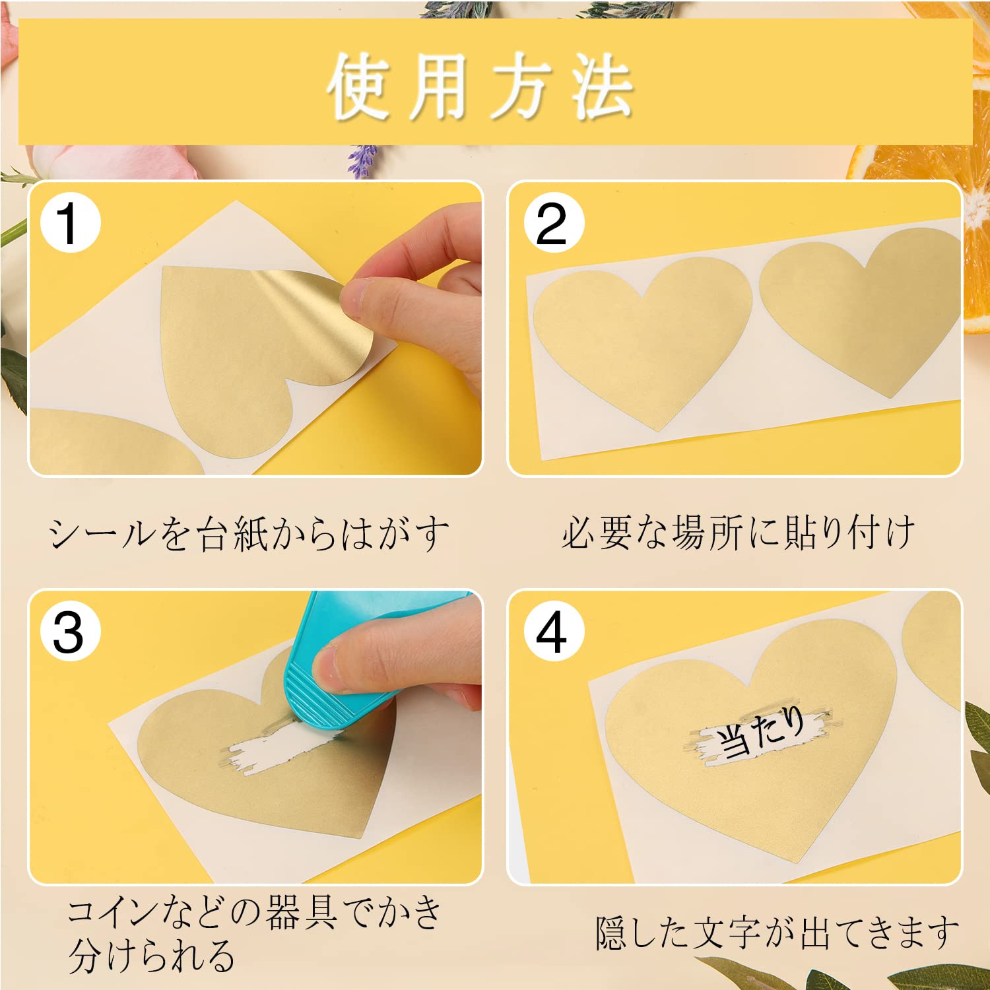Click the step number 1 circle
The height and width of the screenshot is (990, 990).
70,223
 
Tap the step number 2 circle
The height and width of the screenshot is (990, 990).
554,223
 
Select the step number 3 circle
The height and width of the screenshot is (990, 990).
70,632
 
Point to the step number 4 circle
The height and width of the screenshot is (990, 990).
554,632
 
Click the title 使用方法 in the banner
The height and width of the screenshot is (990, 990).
480,86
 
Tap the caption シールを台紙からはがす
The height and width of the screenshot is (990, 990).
248,533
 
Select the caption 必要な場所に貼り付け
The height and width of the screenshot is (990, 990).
737,532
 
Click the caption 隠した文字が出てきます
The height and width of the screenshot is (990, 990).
777,933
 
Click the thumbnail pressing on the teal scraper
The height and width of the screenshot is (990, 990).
329,668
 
